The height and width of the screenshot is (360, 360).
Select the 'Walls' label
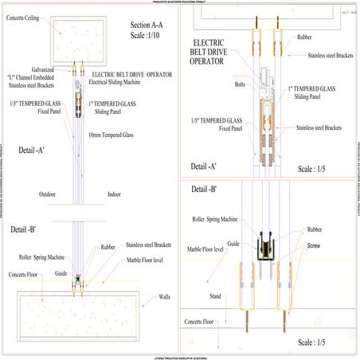(164, 296)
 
